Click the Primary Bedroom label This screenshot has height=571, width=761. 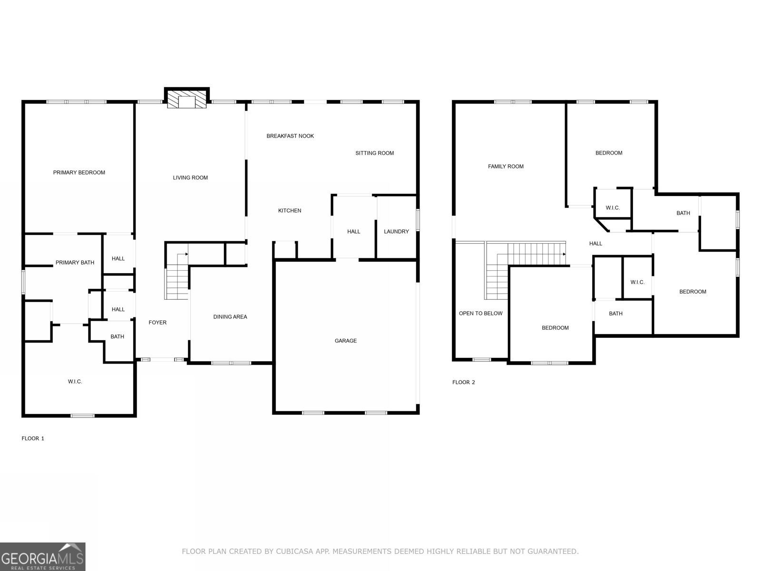[x=79, y=173]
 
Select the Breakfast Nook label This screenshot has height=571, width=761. [x=290, y=136]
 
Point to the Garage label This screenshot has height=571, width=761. [x=345, y=341]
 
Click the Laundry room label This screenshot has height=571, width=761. [x=396, y=232]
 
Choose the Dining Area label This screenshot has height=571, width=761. [x=230, y=317]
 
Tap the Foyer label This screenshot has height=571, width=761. [x=157, y=323]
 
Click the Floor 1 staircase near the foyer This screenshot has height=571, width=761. [x=177, y=281]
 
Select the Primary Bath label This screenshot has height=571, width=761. [x=75, y=263]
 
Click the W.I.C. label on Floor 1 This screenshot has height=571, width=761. [x=75, y=382]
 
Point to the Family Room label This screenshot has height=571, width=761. [x=506, y=167]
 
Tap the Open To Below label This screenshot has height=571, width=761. [x=480, y=314]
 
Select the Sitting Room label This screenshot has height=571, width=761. [x=374, y=153]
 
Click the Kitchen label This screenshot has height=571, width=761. [x=289, y=211]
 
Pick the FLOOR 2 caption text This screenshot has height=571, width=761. [x=463, y=383]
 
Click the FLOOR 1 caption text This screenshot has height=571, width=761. [x=33, y=439]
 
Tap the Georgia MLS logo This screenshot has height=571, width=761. [x=42, y=557]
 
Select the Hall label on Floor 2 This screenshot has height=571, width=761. [x=595, y=244]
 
